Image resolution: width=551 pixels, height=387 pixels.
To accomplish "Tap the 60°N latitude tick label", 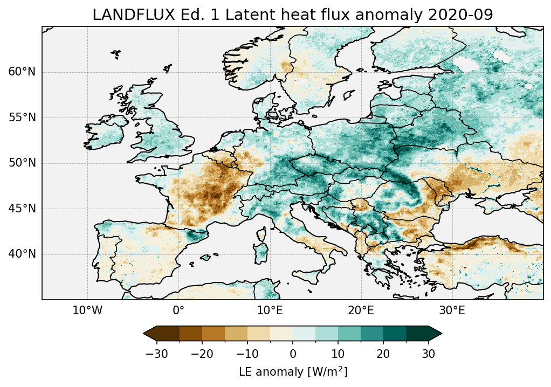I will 22,72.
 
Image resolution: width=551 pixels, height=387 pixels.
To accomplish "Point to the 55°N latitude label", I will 22,118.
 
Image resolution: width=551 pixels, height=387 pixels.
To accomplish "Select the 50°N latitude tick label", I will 22,163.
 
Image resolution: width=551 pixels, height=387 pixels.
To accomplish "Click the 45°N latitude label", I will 22,209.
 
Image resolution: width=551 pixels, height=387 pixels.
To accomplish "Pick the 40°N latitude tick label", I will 22,254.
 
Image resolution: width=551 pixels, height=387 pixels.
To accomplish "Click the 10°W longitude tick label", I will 87,310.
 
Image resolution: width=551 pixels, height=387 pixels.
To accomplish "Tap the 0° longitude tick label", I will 178,310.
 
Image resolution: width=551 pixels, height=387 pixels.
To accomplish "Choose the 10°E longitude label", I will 270,310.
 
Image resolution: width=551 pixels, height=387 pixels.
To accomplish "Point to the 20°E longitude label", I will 361,310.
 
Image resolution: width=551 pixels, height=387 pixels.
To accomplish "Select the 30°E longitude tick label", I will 452,310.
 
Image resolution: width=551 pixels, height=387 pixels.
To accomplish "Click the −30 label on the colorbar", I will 156,354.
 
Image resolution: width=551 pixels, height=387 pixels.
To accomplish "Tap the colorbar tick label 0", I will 293,354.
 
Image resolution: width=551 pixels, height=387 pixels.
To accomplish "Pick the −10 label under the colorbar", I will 247,354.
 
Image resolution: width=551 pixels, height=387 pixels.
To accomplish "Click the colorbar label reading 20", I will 383,354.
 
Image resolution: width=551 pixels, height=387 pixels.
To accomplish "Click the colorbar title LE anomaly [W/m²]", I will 293,372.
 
